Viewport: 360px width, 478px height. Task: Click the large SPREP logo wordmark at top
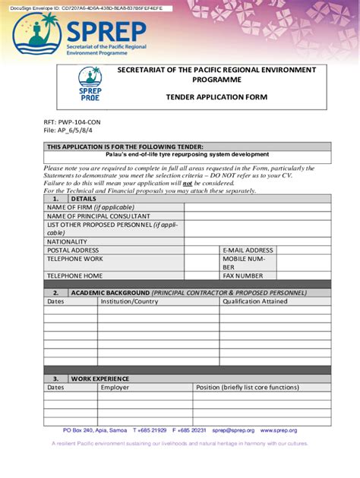click(106, 32)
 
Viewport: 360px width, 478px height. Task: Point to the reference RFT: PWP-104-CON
click(72, 121)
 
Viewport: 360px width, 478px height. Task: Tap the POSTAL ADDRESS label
click(73, 250)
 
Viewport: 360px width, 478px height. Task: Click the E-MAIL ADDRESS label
click(248, 250)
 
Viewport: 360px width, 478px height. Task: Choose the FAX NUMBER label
click(242, 276)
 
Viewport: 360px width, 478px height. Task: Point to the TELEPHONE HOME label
click(75, 276)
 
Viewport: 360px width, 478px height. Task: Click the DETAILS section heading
click(84, 199)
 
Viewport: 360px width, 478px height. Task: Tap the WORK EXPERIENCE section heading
click(100, 379)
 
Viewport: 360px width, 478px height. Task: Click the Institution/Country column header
click(129, 301)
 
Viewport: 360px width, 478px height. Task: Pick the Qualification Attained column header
click(254, 301)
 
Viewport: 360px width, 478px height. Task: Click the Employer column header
click(115, 387)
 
